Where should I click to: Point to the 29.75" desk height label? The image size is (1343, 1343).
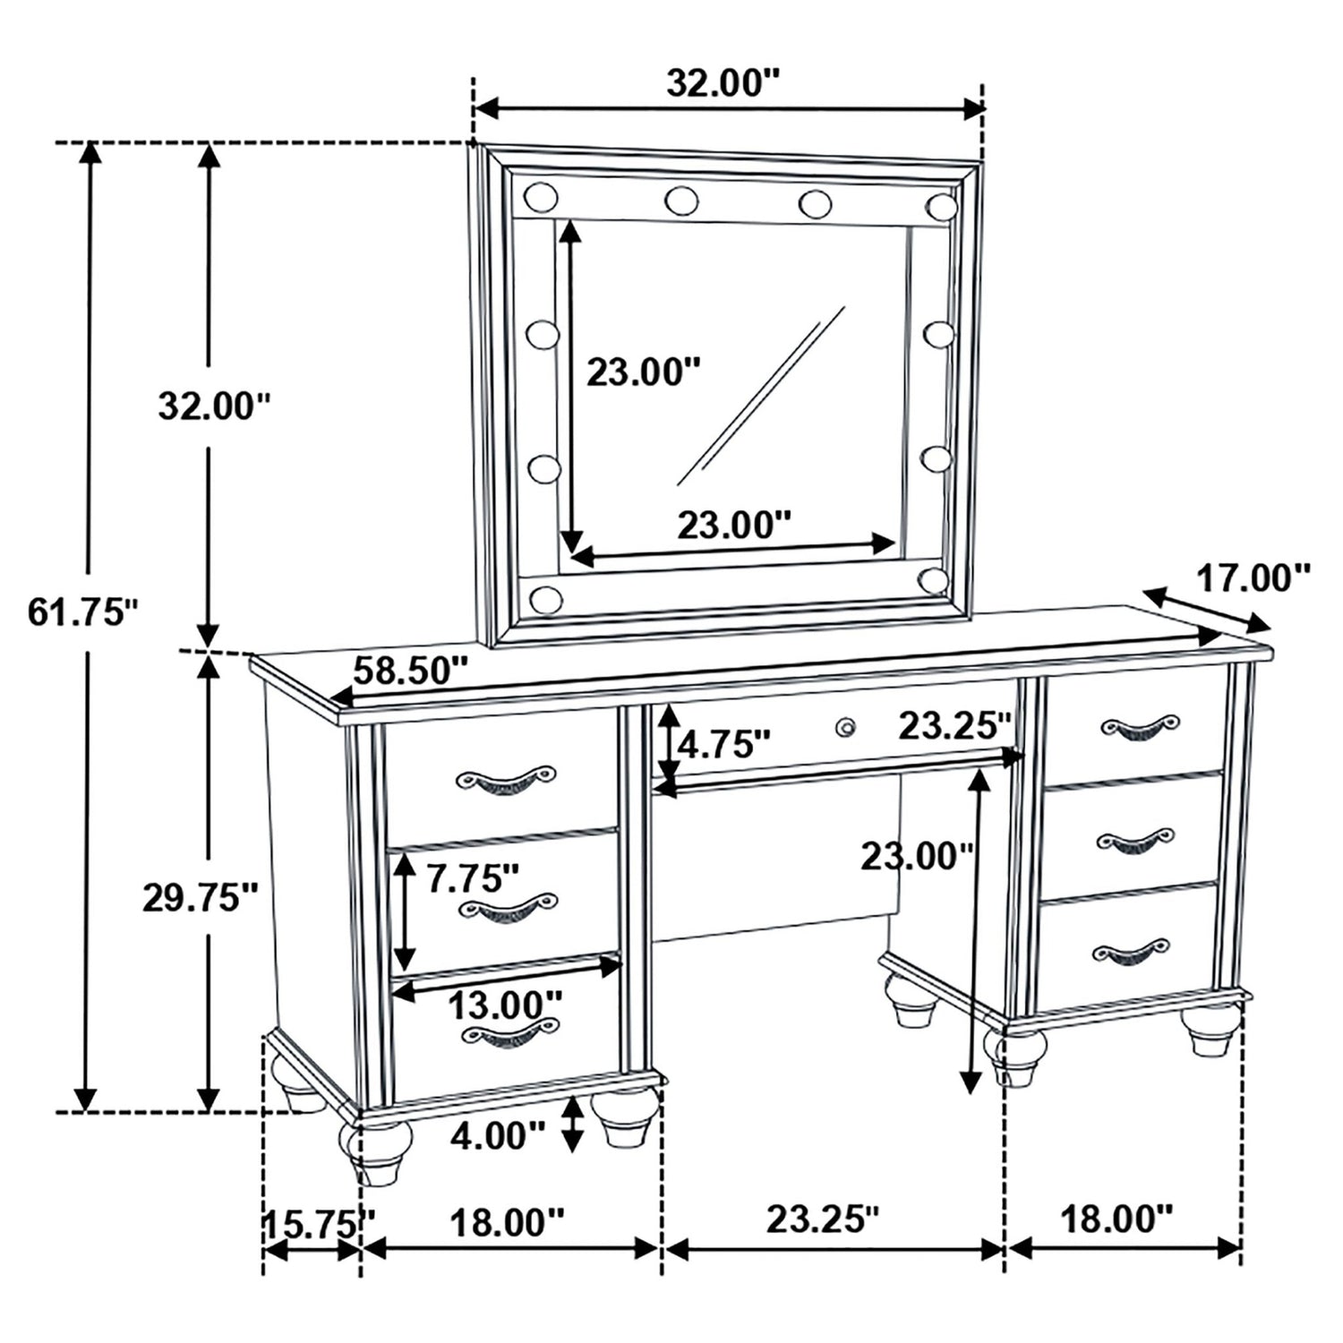201,897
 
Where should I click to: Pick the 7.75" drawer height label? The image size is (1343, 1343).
474,878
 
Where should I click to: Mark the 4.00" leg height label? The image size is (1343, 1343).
498,1136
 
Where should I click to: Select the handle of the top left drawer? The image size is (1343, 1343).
506,778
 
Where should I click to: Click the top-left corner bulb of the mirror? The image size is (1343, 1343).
541,196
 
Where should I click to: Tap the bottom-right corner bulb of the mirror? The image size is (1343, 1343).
934,579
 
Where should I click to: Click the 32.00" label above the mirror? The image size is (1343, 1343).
724,83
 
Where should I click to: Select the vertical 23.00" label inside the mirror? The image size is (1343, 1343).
642,371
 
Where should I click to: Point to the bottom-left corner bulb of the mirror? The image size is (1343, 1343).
545,598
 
